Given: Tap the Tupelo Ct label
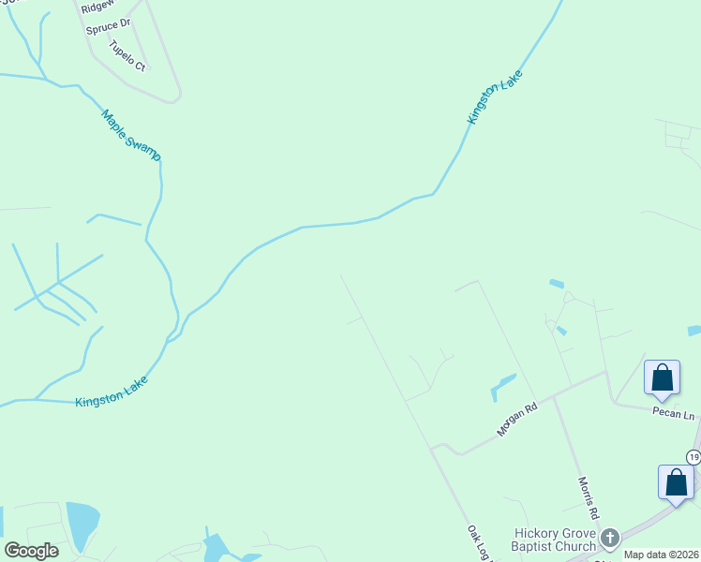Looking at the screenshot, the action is pyautogui.click(x=127, y=55).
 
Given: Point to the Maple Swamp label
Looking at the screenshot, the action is pyautogui.click(x=131, y=134).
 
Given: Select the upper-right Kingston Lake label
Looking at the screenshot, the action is pyautogui.click(x=494, y=96).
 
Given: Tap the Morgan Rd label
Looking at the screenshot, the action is pyautogui.click(x=516, y=421).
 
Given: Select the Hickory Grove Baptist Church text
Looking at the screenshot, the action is pyautogui.click(x=555, y=540).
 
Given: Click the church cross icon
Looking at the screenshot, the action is pyautogui.click(x=610, y=538).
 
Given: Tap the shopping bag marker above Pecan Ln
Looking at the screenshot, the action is pyautogui.click(x=662, y=377).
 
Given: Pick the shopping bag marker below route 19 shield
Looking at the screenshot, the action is pyautogui.click(x=676, y=482).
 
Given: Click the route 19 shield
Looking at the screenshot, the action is pyautogui.click(x=694, y=456).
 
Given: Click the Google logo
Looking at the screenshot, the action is pyautogui.click(x=31, y=551).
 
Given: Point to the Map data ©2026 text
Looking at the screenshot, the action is pyautogui.click(x=661, y=555).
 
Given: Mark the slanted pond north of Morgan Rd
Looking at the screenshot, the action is pyautogui.click(x=503, y=386).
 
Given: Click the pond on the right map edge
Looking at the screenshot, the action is pyautogui.click(x=694, y=331).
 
